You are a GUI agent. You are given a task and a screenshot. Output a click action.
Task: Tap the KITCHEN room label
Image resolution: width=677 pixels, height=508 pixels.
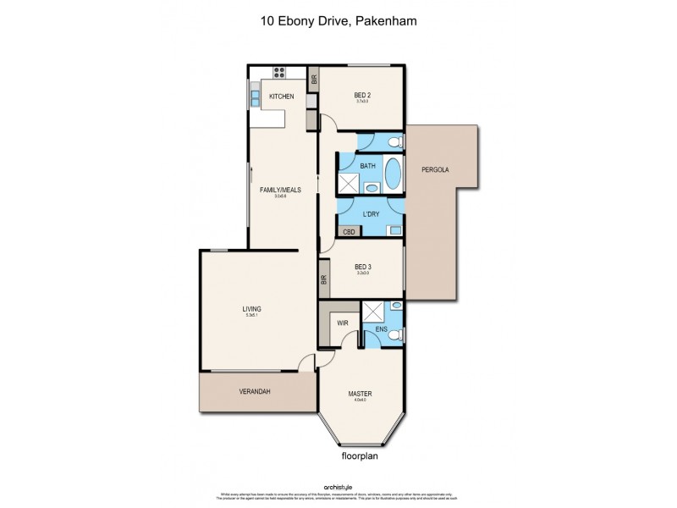click(x=281, y=97)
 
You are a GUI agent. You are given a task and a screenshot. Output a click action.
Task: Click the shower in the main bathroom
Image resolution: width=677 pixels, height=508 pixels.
click(x=350, y=182)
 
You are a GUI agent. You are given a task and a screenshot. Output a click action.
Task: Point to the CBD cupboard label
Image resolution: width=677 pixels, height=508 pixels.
click(x=348, y=230)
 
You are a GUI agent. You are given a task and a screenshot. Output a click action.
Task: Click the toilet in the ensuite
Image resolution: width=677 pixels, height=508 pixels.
click(x=394, y=335)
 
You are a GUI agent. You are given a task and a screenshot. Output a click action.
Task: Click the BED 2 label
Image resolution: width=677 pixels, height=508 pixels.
click(x=363, y=97)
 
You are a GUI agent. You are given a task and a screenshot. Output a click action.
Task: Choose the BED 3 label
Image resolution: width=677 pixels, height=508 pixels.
click(x=363, y=267)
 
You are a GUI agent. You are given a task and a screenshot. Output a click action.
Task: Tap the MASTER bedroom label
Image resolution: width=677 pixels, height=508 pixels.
click(x=361, y=394)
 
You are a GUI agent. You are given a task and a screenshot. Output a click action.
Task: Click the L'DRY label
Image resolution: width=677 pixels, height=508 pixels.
click(x=369, y=214)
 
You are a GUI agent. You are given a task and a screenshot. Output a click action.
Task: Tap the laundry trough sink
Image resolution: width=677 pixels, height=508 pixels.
click(x=394, y=229)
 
